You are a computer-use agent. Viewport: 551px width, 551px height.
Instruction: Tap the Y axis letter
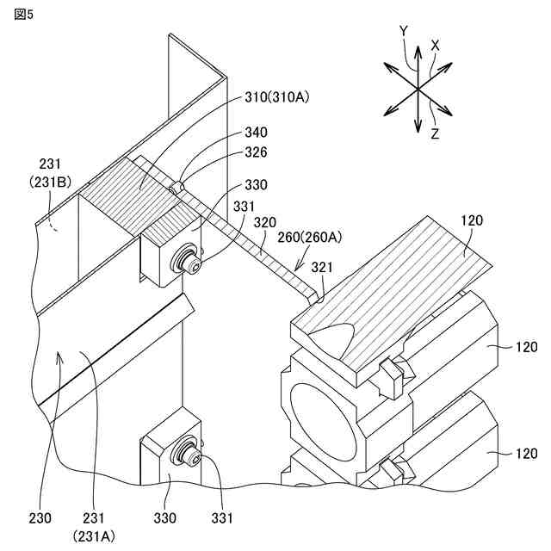point(404,31)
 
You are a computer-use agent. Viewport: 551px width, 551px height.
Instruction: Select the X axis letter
point(436,44)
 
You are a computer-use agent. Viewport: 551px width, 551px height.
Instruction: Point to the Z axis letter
point(436,133)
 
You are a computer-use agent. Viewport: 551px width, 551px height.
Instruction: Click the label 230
point(40,517)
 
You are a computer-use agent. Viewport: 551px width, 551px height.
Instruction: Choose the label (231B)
point(58,182)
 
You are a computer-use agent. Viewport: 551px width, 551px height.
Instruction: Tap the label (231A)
point(92,535)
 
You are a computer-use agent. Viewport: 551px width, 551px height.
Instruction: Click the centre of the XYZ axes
point(418,89)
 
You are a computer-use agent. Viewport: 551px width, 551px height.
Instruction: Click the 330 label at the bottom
point(165,517)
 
